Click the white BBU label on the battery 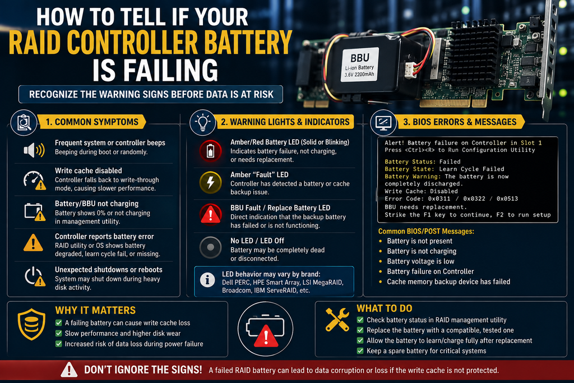coord(360,66)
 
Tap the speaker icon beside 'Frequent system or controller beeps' coord(34,150)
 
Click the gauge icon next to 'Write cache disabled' coord(35,180)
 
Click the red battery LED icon coord(211,150)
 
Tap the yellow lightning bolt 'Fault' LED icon coord(211,182)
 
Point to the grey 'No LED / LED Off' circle coord(211,247)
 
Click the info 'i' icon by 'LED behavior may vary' coord(207,280)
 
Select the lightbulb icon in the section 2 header coord(202,122)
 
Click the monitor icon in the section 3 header coord(383,122)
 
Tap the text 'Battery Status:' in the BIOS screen coord(410,161)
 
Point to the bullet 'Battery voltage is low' coord(420,261)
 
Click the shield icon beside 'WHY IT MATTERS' coord(32,325)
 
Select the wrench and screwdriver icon coord(337,320)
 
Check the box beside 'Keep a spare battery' coord(360,351)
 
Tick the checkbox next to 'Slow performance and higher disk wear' coord(58,333)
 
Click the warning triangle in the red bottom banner coord(69,370)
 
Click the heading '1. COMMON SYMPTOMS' coord(92,122)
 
